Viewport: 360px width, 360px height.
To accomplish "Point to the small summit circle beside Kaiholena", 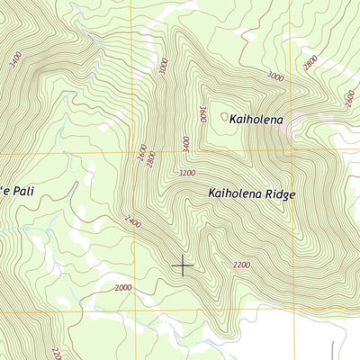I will [223, 115].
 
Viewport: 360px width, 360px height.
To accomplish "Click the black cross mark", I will [183, 265].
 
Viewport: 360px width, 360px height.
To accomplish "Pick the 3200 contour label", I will [187, 172].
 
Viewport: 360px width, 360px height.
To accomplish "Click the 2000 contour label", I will [123, 287].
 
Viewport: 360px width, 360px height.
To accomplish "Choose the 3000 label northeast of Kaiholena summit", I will [275, 78].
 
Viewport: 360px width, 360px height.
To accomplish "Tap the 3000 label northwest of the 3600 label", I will [162, 67].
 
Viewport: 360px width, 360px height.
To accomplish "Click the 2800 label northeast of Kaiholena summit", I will [310, 62].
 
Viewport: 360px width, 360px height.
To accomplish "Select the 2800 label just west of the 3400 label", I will [151, 158].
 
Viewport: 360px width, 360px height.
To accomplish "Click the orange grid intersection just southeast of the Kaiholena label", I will [291, 150].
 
